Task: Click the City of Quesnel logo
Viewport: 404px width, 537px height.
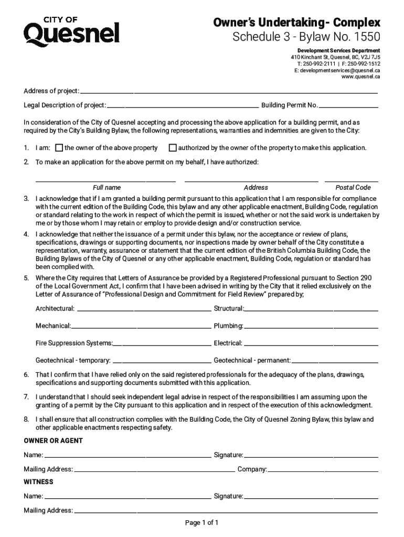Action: click(x=71, y=31)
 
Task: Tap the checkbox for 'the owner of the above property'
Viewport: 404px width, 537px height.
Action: click(x=59, y=148)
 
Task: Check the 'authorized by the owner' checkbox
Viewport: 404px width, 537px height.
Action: click(x=173, y=148)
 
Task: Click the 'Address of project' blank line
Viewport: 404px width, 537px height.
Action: click(x=229, y=92)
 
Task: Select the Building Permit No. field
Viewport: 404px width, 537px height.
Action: click(x=348, y=106)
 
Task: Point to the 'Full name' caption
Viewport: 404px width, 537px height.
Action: click(x=107, y=188)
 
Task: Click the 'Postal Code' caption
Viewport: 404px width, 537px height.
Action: click(x=353, y=188)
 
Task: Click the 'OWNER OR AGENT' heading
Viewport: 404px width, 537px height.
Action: click(x=53, y=441)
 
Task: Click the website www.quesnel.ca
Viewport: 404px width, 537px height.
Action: click(x=360, y=77)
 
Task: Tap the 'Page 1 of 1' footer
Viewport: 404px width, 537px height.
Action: click(x=201, y=523)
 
